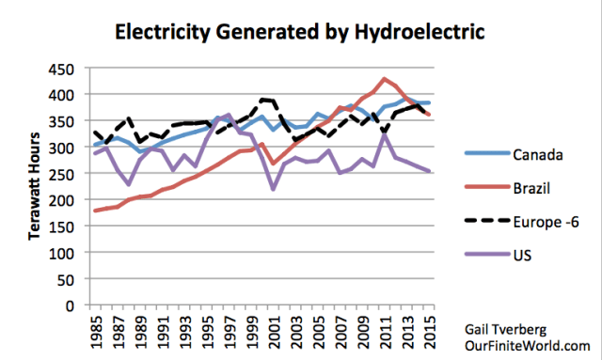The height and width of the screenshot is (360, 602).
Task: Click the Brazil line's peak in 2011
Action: tap(384, 79)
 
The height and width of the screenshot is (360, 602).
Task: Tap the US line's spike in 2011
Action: tap(384, 134)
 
